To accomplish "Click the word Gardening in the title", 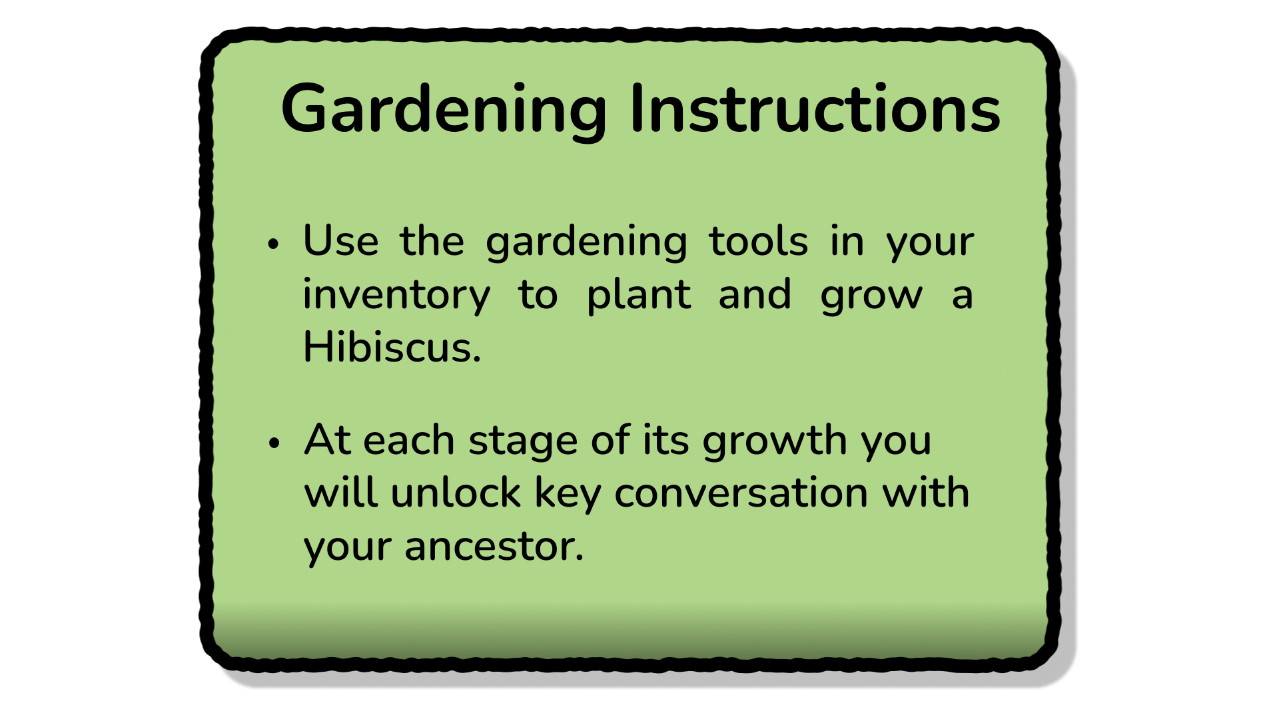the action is pyautogui.click(x=444, y=111).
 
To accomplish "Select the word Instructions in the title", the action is pyautogui.click(x=815, y=109).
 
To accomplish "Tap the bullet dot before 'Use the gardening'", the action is pyautogui.click(x=273, y=244).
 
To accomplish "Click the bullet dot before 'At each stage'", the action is pyautogui.click(x=273, y=443).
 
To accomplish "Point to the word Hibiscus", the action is pyautogui.click(x=392, y=347).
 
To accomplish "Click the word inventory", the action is pyautogui.click(x=397, y=296).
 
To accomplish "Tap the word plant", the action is pyautogui.click(x=639, y=296).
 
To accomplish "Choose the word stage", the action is pyautogui.click(x=523, y=442).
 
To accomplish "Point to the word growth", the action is pyautogui.click(x=775, y=442).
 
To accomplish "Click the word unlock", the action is pyautogui.click(x=456, y=493).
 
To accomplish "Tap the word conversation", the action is pyautogui.click(x=741, y=494).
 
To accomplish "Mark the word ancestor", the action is pyautogui.click(x=494, y=548).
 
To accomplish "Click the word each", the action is pyautogui.click(x=409, y=441).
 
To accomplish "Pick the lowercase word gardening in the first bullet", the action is pyautogui.click(x=586, y=243).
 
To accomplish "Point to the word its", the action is pyautogui.click(x=665, y=441).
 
